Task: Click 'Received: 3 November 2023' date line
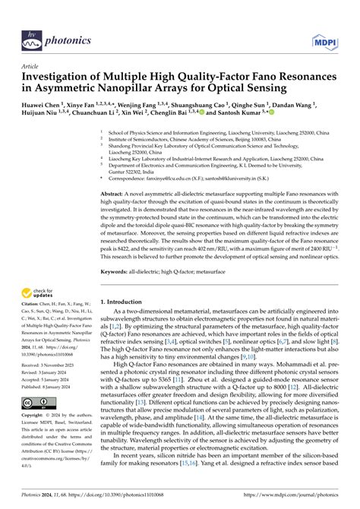coord(52,365)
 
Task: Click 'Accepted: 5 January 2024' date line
coord(50,379)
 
